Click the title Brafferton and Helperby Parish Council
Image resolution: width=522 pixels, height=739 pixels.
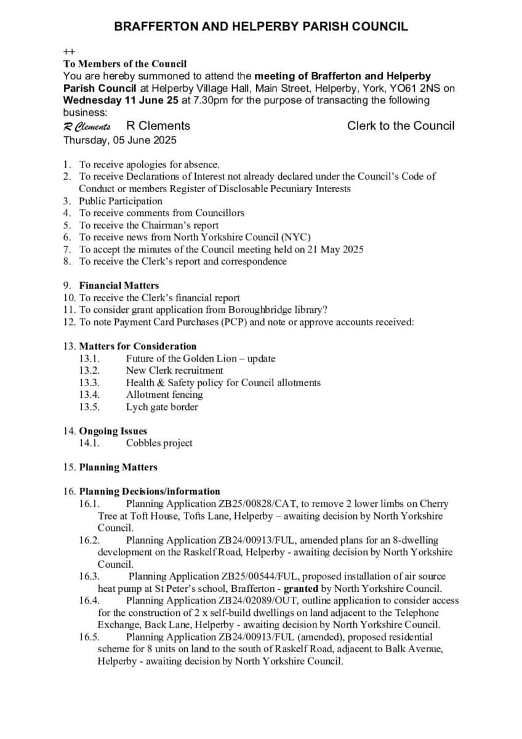261,26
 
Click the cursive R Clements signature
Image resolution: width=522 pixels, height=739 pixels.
87,126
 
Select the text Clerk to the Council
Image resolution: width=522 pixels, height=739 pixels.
401,126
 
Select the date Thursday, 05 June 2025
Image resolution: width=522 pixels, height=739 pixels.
119,140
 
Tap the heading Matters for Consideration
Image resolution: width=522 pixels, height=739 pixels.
137,346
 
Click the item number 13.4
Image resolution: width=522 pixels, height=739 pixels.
89,395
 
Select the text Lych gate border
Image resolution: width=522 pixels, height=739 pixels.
162,407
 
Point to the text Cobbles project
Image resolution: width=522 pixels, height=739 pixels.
159,443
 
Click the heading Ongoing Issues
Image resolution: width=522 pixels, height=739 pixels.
113,431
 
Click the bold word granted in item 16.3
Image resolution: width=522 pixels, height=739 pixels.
300,588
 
